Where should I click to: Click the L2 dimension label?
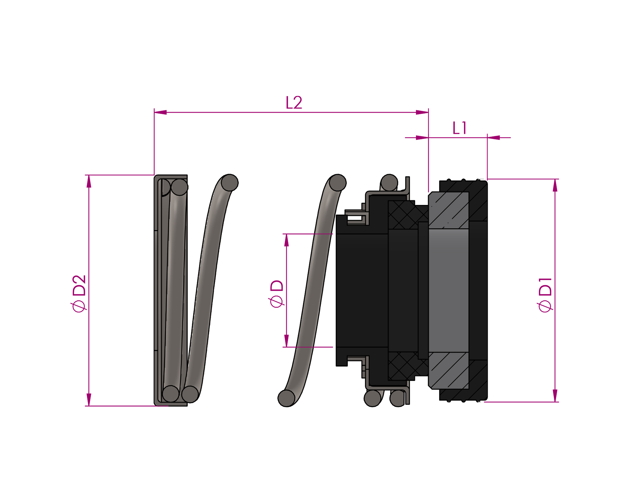click(x=294, y=103)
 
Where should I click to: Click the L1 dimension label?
click(x=459, y=128)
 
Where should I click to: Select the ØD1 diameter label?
click(x=545, y=295)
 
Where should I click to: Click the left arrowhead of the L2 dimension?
click(x=160, y=112)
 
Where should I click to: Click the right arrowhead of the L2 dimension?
click(x=422, y=112)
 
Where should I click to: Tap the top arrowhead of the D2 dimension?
click(x=89, y=181)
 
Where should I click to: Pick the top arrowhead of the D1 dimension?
click(x=555, y=185)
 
